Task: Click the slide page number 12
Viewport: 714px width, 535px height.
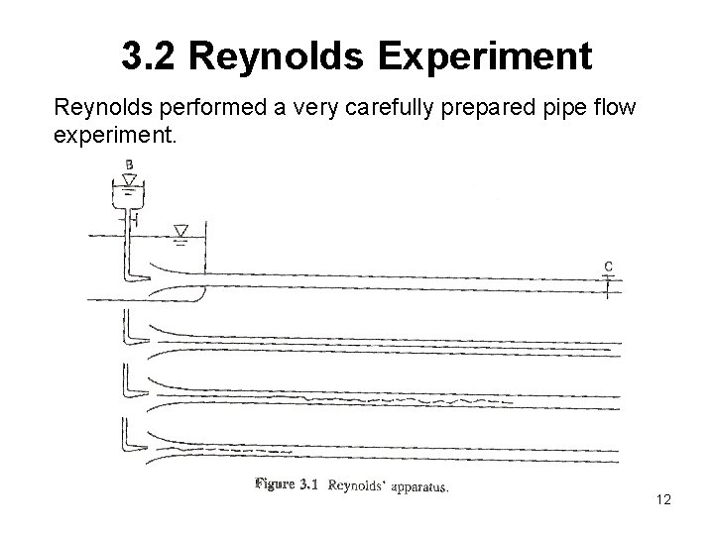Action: coord(663,500)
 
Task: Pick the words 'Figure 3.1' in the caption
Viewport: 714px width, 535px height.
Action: coord(285,485)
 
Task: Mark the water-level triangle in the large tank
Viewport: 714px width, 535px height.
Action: coord(180,231)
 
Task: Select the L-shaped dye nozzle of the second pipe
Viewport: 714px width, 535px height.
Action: coord(128,326)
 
